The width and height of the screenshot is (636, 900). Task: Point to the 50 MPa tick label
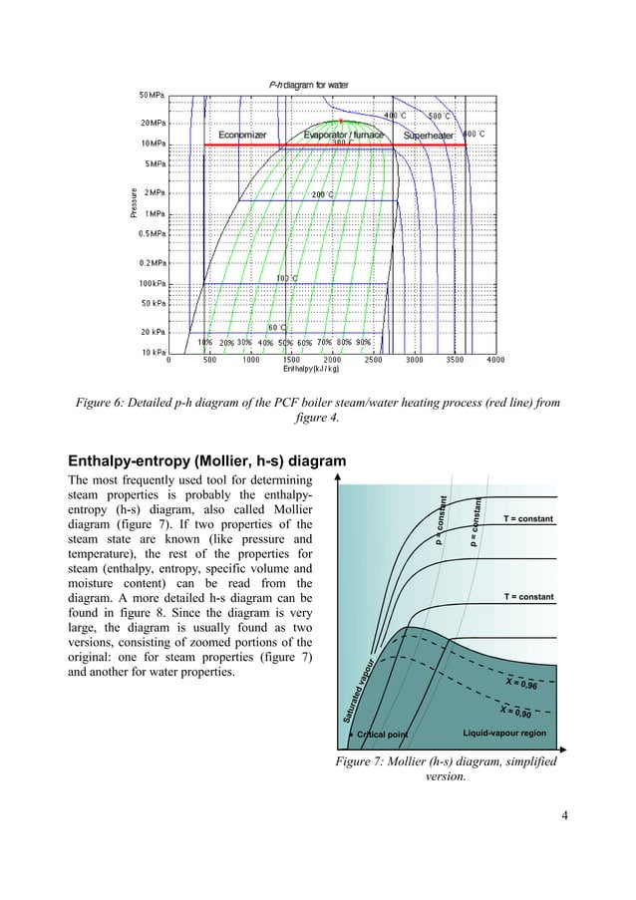tap(152, 95)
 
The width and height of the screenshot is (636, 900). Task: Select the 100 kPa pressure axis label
tap(152, 283)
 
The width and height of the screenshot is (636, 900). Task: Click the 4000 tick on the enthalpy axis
tap(494, 361)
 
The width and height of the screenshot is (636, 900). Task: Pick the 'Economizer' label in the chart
tap(242, 135)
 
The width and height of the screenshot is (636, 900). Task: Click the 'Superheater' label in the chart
tap(428, 135)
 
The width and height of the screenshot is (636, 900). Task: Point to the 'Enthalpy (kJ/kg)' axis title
tap(311, 370)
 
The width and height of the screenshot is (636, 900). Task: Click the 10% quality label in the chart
tap(204, 342)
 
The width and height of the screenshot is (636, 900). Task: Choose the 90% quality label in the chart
tap(364, 342)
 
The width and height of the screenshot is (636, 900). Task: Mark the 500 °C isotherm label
tap(439, 116)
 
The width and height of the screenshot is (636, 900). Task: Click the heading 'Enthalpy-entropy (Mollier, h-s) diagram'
tap(206, 461)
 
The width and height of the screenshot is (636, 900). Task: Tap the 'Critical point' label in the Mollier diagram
tap(383, 735)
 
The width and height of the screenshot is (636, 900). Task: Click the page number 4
tap(565, 818)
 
